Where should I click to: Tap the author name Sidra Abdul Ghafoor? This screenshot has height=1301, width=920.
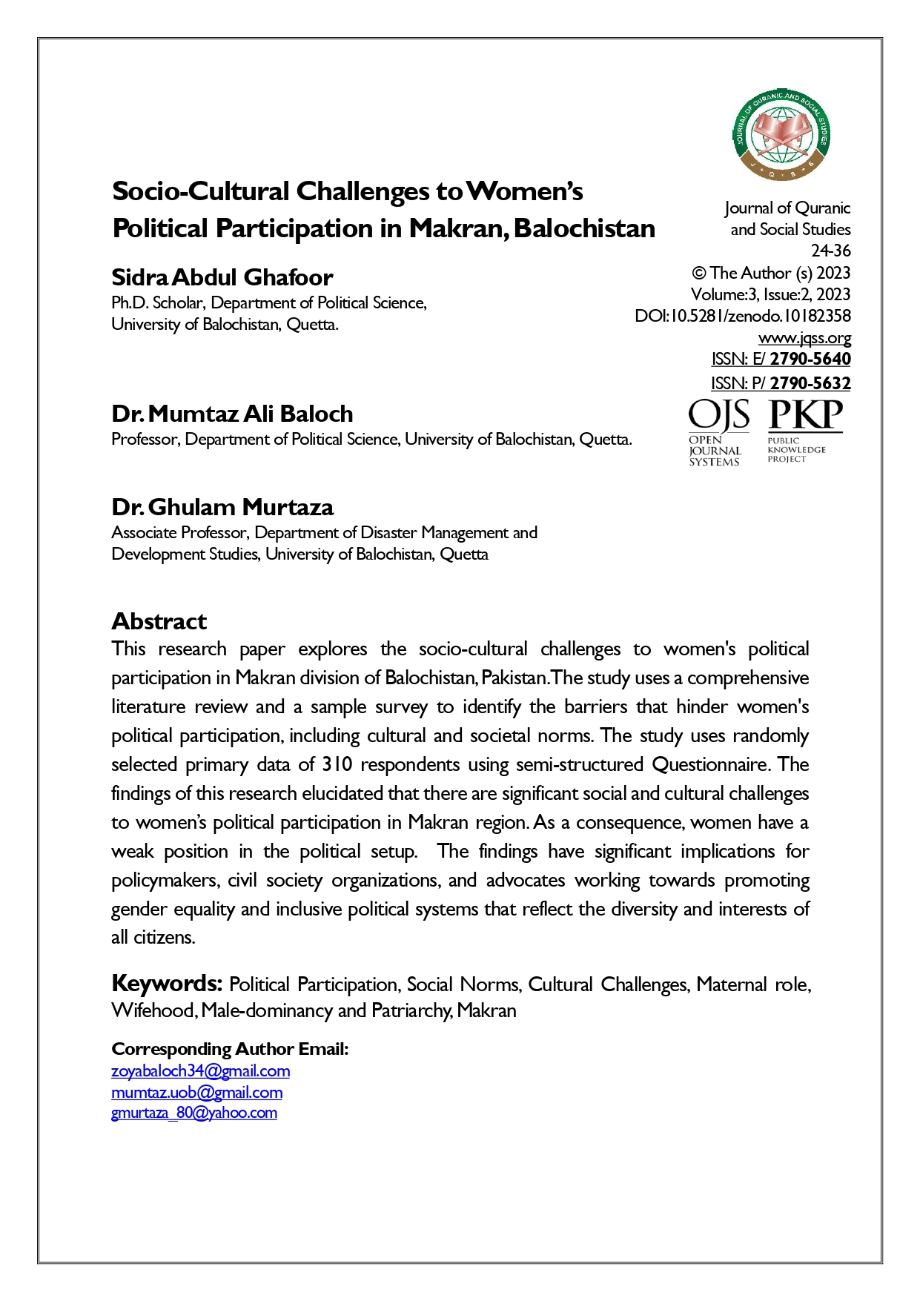[222, 277]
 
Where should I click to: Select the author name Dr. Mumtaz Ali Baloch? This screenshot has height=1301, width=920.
[232, 414]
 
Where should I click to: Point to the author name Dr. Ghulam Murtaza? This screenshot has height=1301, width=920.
[222, 507]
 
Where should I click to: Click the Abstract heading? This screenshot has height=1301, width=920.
[159, 621]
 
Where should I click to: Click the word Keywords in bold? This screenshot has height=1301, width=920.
[167, 984]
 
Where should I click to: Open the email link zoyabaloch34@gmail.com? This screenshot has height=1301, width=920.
[200, 1071]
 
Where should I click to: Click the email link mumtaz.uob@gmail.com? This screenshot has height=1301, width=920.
[196, 1093]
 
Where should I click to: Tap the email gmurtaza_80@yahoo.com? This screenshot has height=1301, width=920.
[193, 1113]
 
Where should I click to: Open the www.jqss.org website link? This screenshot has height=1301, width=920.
[804, 338]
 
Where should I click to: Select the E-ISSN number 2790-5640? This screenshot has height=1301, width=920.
[810, 360]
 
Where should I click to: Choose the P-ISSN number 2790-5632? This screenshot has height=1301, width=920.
[810, 383]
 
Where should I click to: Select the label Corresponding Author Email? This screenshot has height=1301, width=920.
[230, 1049]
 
